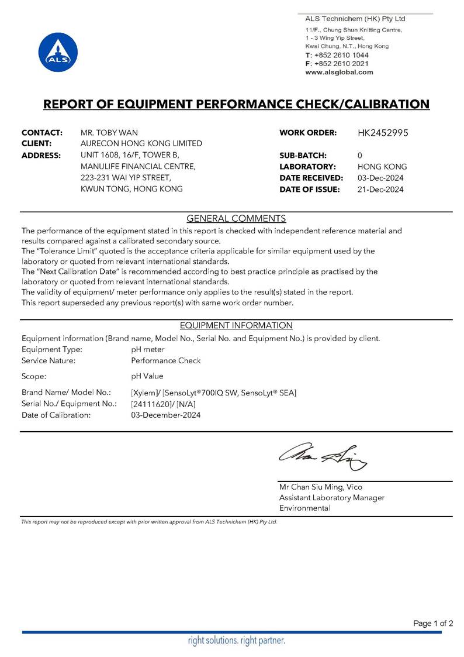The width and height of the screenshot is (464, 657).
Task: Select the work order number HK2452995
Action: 382,133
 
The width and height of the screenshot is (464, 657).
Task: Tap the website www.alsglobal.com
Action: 339,72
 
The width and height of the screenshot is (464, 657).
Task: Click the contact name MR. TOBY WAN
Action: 109,133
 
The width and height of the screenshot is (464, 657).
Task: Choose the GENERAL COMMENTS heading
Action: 236,219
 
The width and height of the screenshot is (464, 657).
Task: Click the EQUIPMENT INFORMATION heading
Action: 236,325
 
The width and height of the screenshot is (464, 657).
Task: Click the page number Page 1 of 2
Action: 433,624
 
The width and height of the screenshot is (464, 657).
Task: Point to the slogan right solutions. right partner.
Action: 236,641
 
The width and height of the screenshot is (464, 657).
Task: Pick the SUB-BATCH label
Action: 303,155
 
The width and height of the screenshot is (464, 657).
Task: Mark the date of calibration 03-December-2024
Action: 166,415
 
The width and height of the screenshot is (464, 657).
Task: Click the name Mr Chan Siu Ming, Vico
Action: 321,487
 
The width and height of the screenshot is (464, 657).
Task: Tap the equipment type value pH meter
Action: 148,349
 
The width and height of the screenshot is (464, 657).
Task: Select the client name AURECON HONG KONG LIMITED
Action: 141,143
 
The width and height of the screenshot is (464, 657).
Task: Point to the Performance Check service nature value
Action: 166,360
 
